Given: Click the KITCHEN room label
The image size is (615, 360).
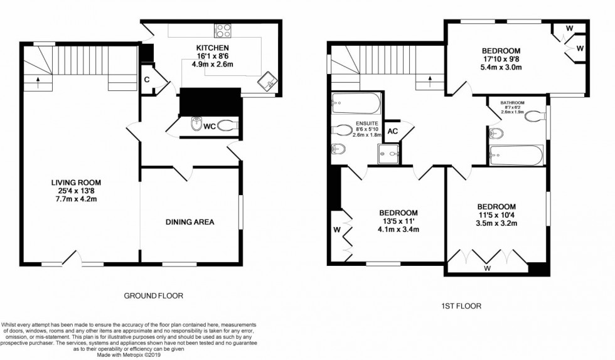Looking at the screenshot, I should [211, 48].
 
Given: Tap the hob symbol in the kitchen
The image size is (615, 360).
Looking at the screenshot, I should [223, 30].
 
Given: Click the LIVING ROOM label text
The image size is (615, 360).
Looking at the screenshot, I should [76, 183].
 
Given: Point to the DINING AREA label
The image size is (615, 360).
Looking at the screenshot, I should [190, 221].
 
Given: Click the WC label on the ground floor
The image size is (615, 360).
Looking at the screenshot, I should [210, 126].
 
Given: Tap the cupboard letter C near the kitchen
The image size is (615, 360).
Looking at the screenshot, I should [146, 80].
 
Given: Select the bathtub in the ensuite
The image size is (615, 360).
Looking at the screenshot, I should [356, 103].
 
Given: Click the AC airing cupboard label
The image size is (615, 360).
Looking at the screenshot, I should [393, 131].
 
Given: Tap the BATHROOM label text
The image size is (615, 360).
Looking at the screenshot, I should [512, 102].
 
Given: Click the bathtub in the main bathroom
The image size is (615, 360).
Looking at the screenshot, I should [516, 155].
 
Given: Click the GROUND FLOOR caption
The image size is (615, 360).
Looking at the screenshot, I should [153, 295].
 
